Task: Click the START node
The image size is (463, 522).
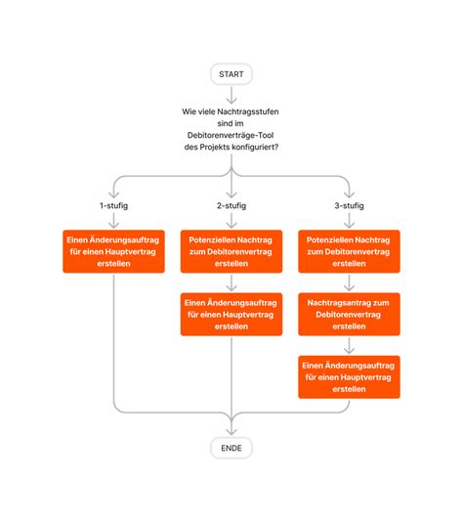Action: coord(231,74)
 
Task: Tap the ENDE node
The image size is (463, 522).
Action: coord(231,448)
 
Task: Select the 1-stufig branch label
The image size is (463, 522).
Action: coord(114,206)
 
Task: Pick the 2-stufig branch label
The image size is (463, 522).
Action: coord(231,206)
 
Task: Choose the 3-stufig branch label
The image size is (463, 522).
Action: coord(348,206)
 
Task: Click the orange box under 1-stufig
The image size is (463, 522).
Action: coord(114,252)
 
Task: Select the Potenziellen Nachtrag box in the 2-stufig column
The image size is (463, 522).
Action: coord(231,252)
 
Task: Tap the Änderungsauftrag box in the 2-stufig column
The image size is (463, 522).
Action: coord(231,315)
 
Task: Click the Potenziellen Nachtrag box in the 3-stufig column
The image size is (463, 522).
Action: coord(348,252)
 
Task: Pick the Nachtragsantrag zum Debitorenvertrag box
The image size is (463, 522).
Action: coord(348,315)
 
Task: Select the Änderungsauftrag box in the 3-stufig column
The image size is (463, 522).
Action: coord(348,376)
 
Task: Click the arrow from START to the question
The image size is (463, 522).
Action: coord(231,95)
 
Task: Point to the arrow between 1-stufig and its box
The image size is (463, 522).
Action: coord(114,222)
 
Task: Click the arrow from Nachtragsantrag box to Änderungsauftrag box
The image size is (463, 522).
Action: coord(348,345)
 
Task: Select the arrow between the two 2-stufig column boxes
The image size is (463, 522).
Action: coord(231,283)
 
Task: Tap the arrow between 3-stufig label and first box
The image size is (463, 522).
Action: coord(348,222)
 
